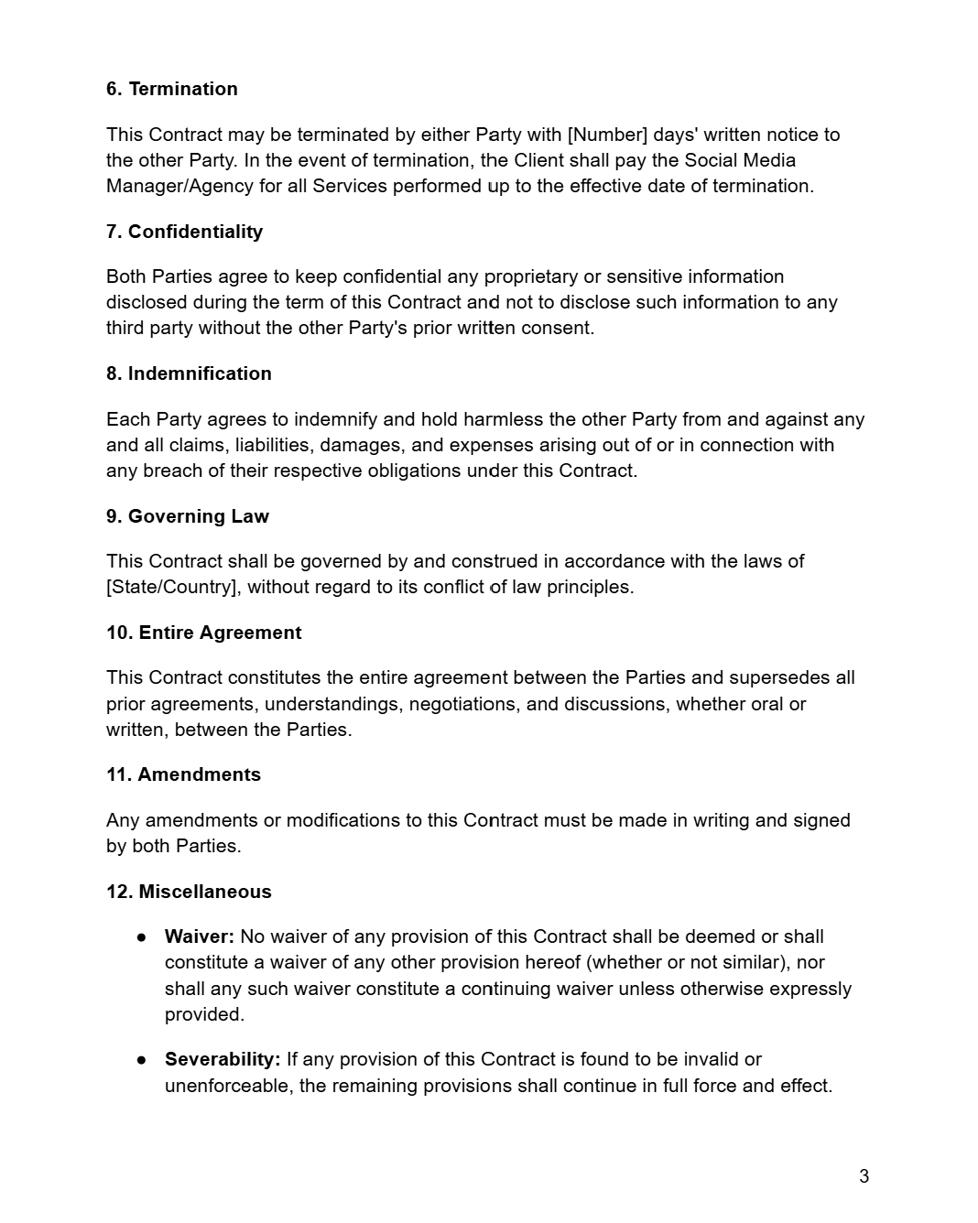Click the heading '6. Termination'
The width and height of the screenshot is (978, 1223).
[x=171, y=89]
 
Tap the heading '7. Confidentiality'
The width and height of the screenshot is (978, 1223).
[x=184, y=232]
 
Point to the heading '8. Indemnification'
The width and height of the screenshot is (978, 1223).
[x=189, y=373]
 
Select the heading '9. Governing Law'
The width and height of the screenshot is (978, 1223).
[x=187, y=516]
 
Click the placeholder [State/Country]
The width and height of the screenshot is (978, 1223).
[x=173, y=587]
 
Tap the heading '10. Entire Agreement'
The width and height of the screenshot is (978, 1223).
[x=203, y=633]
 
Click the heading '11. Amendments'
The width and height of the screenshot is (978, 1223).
[x=183, y=774]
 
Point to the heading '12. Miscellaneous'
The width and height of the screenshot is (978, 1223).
[x=189, y=892]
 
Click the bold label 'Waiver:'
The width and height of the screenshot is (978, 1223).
[x=200, y=936]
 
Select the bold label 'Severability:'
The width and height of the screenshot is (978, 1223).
[x=223, y=1059]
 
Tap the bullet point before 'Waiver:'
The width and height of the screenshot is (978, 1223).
[x=142, y=937]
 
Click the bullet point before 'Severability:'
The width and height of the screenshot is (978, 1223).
[x=142, y=1060]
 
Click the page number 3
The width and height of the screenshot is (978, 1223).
[x=864, y=1176]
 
